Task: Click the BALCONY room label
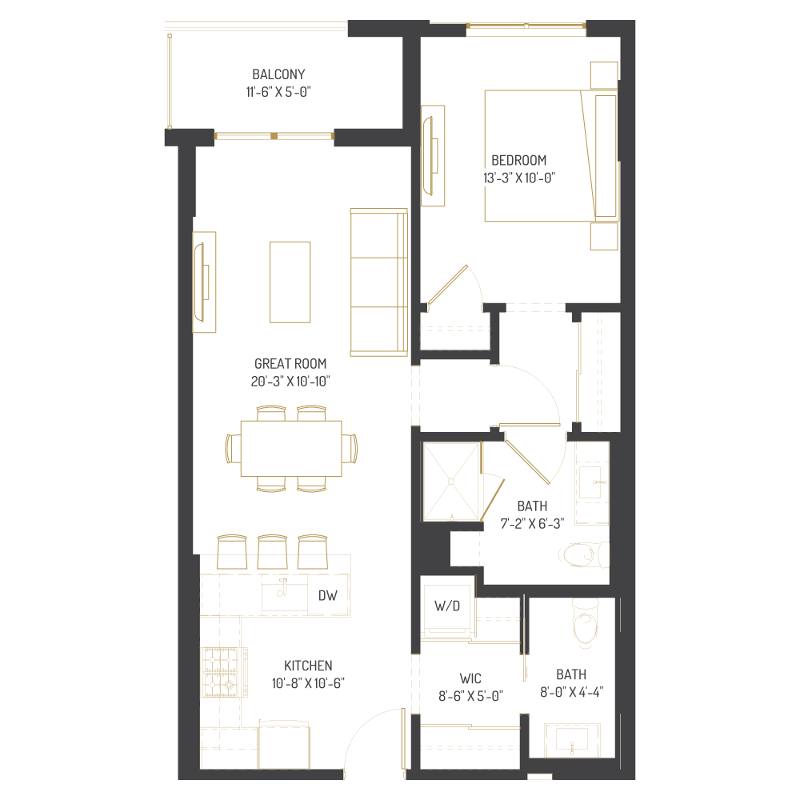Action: pos(278,74)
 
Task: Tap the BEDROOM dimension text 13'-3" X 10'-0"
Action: pos(519,178)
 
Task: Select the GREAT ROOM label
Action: pos(290,363)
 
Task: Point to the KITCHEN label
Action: pos(308,666)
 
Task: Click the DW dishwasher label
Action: pos(327,595)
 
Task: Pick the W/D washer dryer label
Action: pos(447,606)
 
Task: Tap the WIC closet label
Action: pos(470,678)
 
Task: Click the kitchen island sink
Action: pos(284,593)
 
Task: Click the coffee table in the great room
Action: pos(290,282)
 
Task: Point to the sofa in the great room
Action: pos(378,282)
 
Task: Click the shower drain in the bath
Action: pos(450,482)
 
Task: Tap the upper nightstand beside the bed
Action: pos(604,74)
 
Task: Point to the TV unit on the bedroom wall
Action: pos(433,155)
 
